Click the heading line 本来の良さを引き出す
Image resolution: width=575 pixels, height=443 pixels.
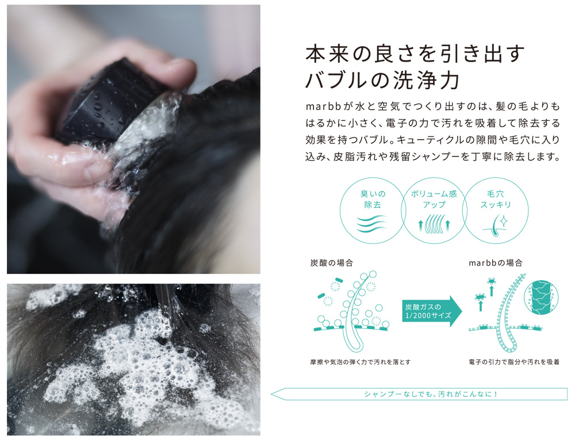tap(415, 54)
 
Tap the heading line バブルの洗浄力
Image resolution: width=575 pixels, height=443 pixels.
tap(382, 79)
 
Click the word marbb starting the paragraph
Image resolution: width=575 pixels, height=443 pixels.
tap(324, 106)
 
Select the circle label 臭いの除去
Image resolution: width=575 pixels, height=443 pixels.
tap(373, 199)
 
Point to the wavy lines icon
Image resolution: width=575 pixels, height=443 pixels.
tap(372, 223)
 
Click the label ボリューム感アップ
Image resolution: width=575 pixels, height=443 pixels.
tap(434, 199)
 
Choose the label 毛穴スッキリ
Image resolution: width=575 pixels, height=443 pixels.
tap(496, 199)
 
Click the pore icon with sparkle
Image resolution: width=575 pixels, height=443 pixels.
tap(496, 224)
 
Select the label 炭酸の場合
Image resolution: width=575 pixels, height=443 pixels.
tap(332, 263)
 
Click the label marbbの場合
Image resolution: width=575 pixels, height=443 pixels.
tap(496, 263)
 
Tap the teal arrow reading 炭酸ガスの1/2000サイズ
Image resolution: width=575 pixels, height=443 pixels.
tap(432, 311)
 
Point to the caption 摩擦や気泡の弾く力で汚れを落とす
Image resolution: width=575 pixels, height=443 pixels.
tap(360, 362)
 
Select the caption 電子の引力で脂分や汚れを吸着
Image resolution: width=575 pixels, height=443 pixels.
tap(513, 362)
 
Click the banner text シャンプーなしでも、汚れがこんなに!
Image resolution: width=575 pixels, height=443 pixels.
tap(431, 394)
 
